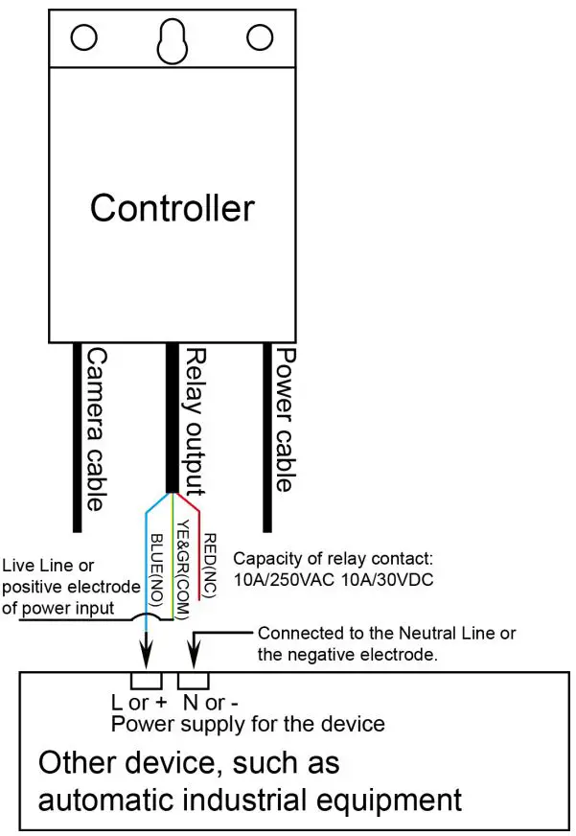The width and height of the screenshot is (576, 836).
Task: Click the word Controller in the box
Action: pyautogui.click(x=173, y=207)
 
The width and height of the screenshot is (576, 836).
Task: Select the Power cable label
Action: pyautogui.click(x=285, y=419)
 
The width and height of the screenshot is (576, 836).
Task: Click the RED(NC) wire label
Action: pyautogui.click(x=211, y=566)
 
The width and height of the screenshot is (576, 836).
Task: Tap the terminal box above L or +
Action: pyautogui.click(x=147, y=682)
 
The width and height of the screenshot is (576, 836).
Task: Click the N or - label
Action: pyautogui.click(x=209, y=702)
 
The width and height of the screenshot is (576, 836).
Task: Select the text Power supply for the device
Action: pyautogui.click(x=247, y=723)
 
